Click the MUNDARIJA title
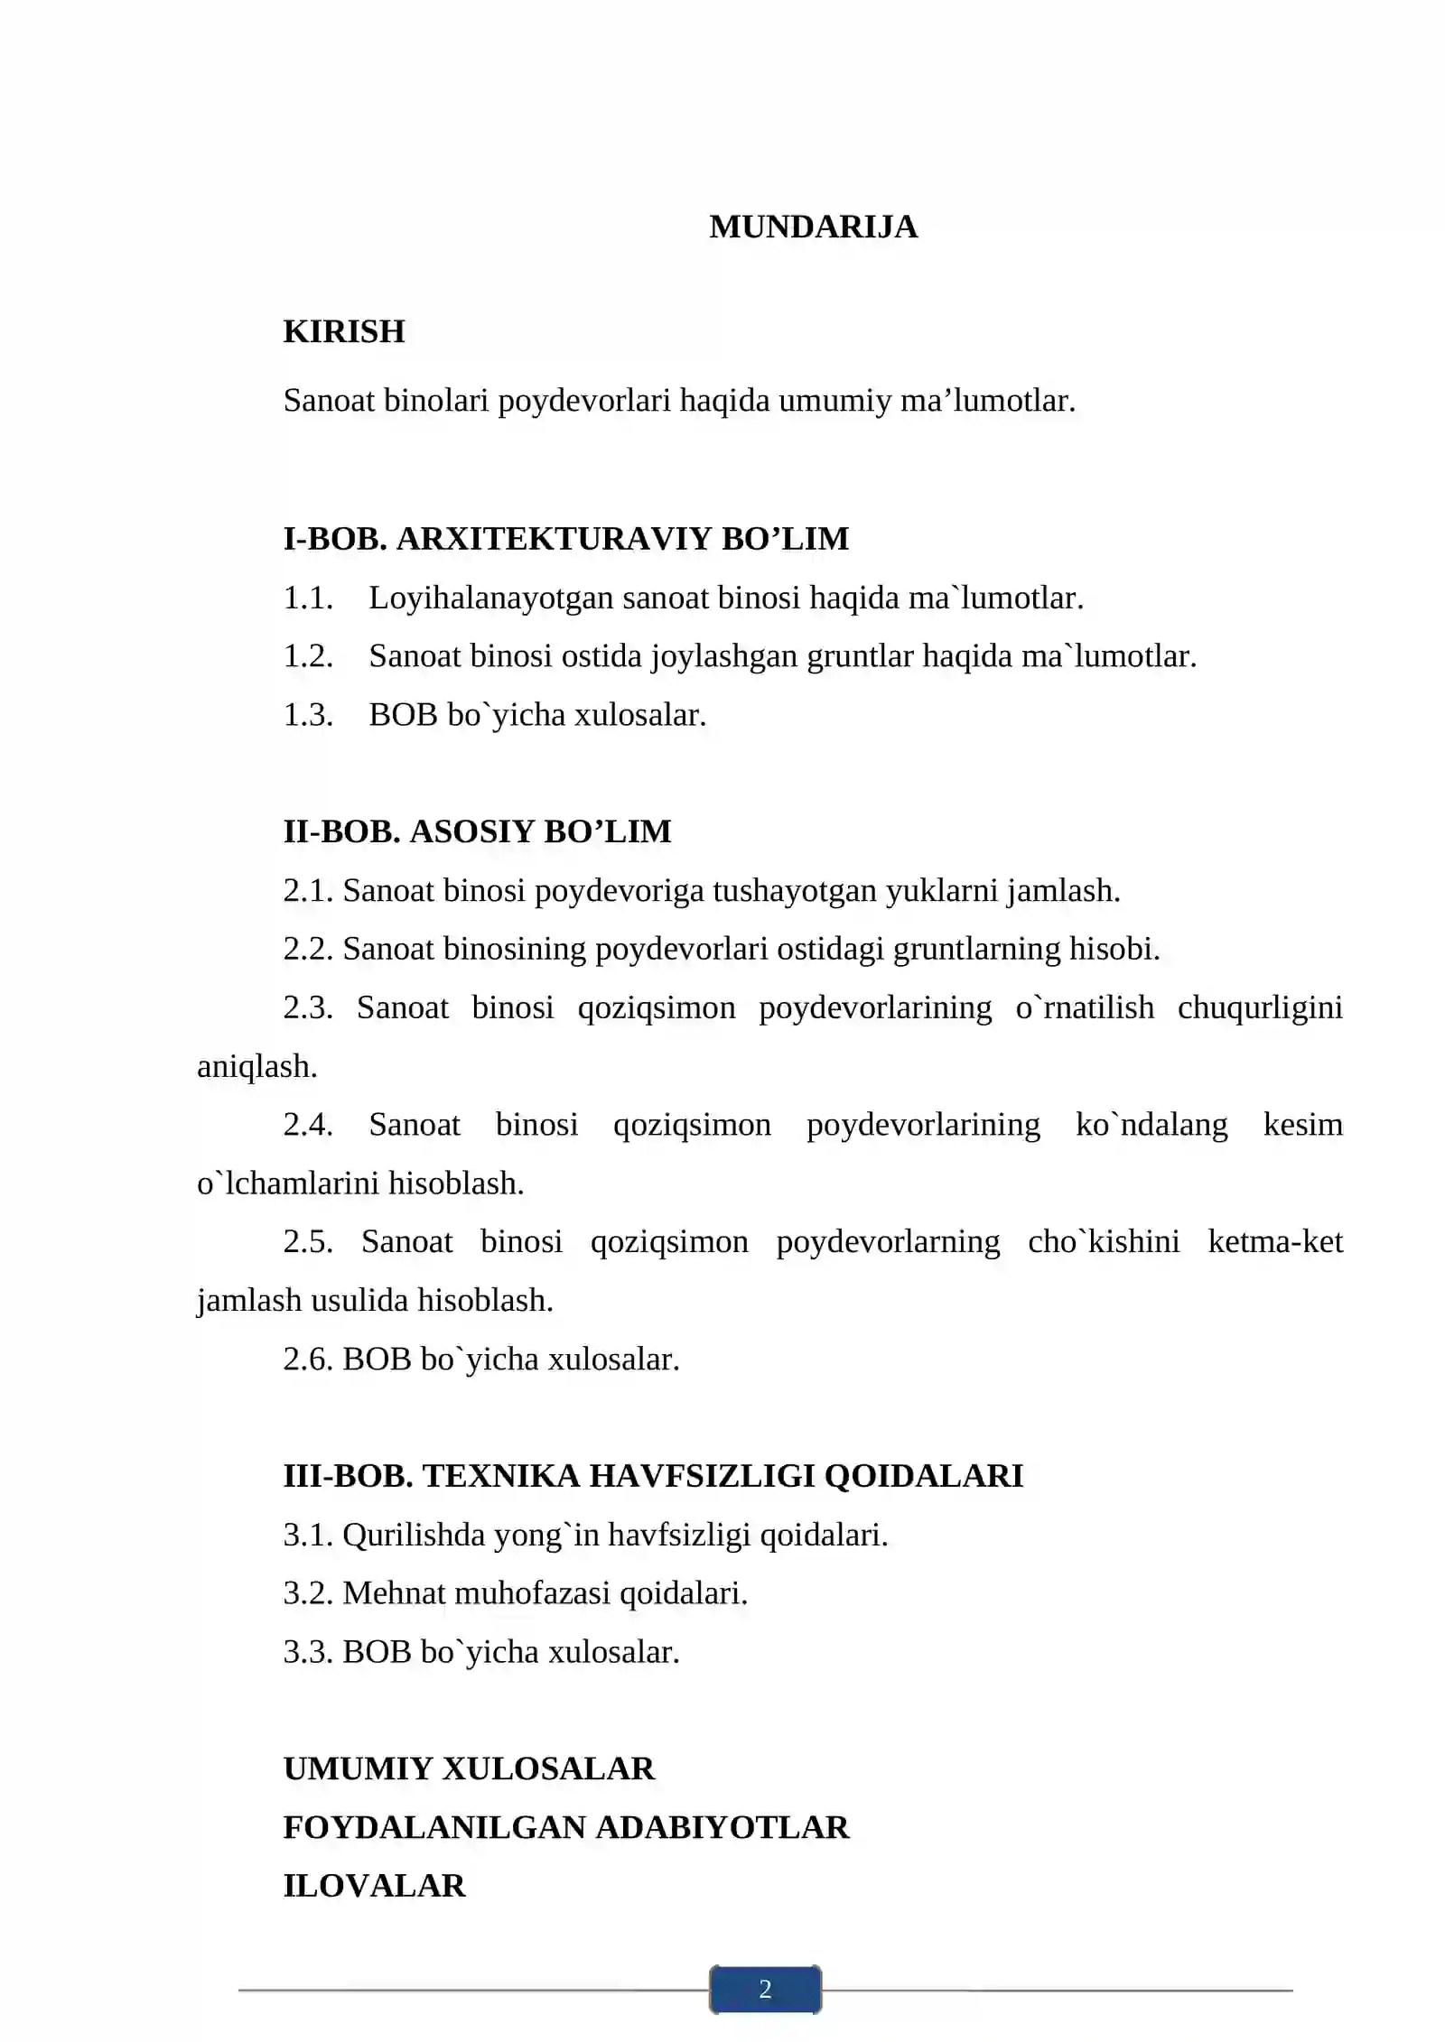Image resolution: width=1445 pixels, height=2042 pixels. coord(813,227)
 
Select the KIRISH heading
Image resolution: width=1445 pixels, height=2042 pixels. coord(344,331)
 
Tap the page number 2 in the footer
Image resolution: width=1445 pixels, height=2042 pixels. coord(765,1989)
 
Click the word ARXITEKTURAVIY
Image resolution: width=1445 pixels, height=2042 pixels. coord(554,538)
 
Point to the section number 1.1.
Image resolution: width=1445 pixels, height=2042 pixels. coord(308,598)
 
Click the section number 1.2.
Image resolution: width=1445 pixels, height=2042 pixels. coord(308,656)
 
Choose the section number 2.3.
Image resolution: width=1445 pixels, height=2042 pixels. coord(308,1007)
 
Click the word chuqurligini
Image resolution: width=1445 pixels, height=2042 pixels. coord(1260,1007)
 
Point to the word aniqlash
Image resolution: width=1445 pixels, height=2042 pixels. coord(256,1066)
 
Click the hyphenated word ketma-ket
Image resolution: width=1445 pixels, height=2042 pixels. coord(1275,1241)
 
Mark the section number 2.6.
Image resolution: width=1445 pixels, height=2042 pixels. coord(308,1359)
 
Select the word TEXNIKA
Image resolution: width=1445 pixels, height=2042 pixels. coord(501,1476)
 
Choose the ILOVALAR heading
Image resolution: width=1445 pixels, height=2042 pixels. coord(375,1886)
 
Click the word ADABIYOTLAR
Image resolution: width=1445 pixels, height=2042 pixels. coord(722,1827)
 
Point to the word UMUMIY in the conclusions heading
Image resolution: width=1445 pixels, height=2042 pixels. coord(357,1768)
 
